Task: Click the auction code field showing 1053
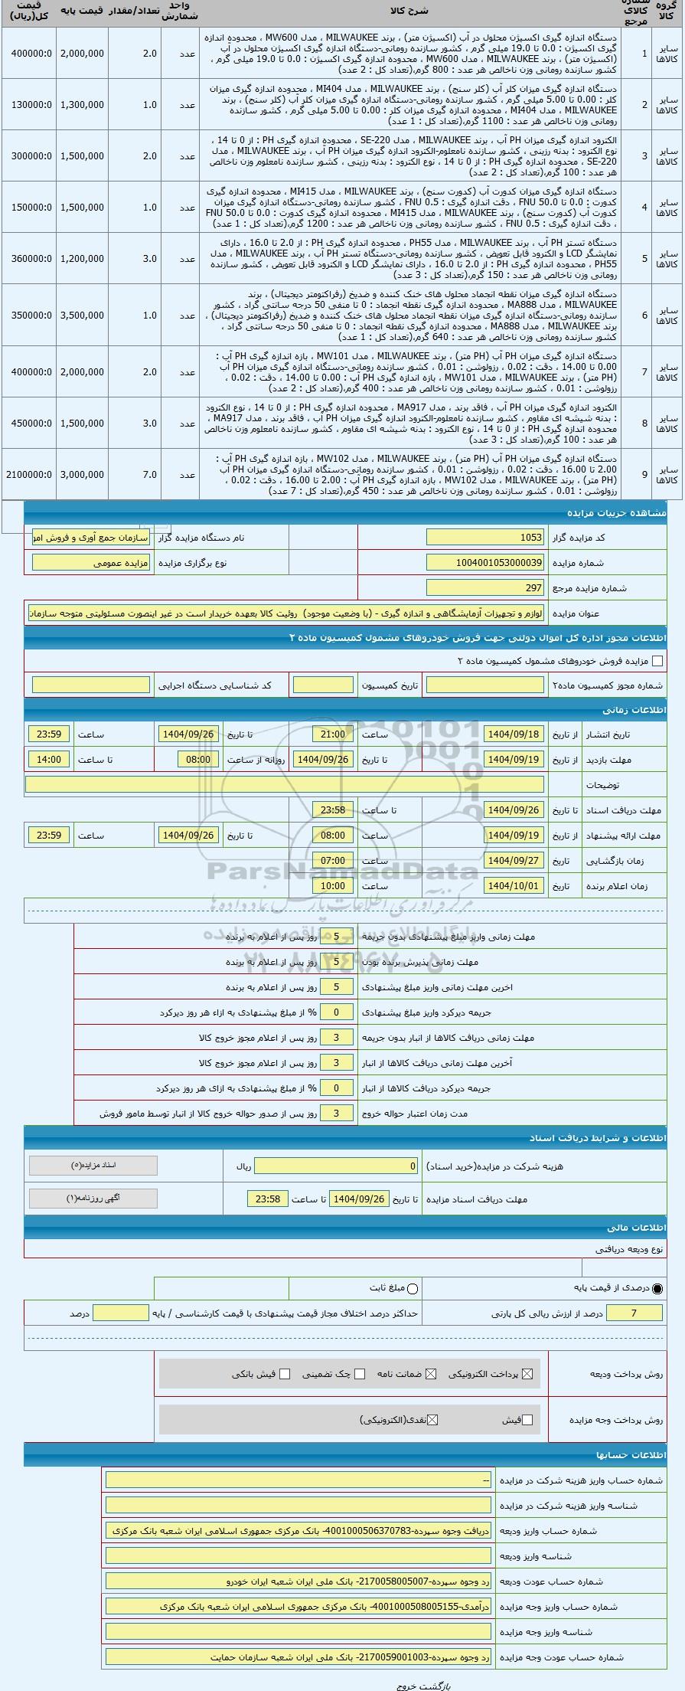tap(485, 538)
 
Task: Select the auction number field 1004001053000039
tap(485, 563)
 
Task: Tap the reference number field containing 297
tap(485, 587)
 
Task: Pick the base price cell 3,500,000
tap(81, 315)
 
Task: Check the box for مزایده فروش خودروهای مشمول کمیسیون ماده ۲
tap(657, 661)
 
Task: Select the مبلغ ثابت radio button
tap(413, 1288)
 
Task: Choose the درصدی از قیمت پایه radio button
tap(657, 1288)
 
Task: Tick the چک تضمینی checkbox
tap(360, 1374)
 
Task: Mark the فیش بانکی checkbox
tap(285, 1374)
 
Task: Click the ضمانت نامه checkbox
tap(431, 1374)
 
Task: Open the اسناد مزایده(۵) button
tap(93, 1166)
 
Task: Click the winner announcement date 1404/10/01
tap(514, 885)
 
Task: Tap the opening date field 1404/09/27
tap(514, 860)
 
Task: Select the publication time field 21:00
tap(333, 734)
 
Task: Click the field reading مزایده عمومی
tap(92, 563)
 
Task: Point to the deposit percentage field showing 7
tap(634, 1313)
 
